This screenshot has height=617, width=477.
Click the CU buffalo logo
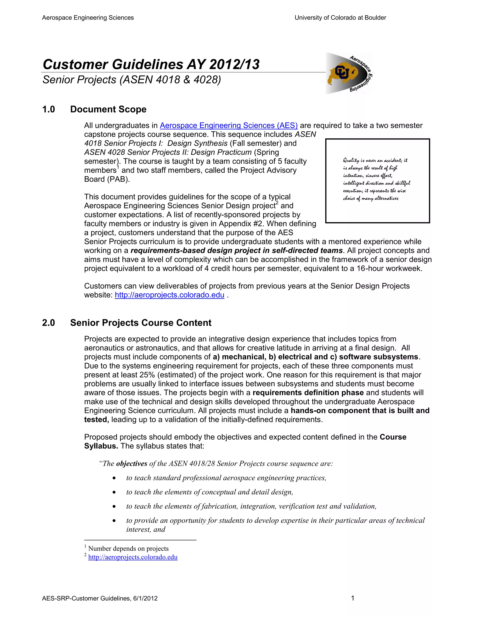pos(349,73)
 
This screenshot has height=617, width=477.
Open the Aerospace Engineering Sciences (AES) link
pos(229,125)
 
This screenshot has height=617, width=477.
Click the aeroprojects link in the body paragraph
pos(169,295)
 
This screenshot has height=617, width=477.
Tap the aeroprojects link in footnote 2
pos(133,557)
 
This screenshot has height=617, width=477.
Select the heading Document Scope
pos(108,109)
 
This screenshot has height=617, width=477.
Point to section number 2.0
pos(49,323)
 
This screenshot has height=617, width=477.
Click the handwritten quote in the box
pos(376,179)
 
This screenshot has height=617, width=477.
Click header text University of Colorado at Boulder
pos(340,17)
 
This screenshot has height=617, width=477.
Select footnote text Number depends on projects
pos(128,548)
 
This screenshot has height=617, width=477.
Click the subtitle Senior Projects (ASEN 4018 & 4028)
pos(132,80)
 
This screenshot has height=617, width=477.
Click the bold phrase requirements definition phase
pos(308,393)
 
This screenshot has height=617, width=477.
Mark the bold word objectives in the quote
pos(132,464)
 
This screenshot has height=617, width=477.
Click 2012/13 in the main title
pos(234,64)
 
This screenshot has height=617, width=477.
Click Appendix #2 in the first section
pos(241,224)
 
